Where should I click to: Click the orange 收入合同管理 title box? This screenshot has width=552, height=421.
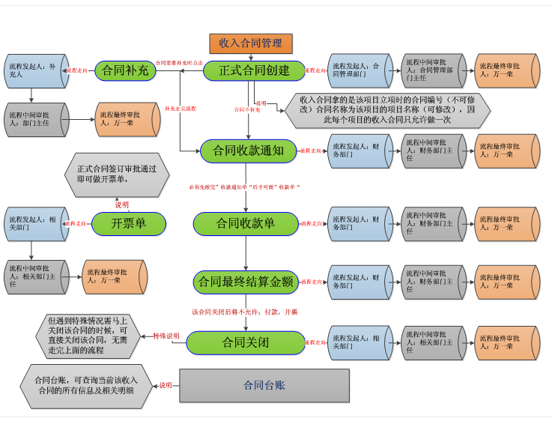[x=250, y=43]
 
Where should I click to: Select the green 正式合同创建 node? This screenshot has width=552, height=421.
[x=253, y=70]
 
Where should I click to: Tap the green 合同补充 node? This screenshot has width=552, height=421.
[x=126, y=70]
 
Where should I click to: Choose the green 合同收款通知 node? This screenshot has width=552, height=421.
[x=243, y=151]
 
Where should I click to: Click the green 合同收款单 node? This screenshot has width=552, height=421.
[x=246, y=222]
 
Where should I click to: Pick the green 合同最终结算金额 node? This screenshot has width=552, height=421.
[x=245, y=282]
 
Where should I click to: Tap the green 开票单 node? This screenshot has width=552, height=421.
[x=128, y=222]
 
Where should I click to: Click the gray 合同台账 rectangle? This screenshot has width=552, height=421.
[x=264, y=386]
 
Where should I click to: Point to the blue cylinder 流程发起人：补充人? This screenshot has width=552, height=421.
[x=34, y=71]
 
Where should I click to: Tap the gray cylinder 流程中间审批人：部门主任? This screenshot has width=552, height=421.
[x=34, y=119]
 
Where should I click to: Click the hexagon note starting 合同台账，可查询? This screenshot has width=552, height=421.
[x=84, y=385]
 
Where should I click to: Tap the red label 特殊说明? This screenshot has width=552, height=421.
[x=166, y=336]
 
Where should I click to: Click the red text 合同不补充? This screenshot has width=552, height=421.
[x=247, y=109]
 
